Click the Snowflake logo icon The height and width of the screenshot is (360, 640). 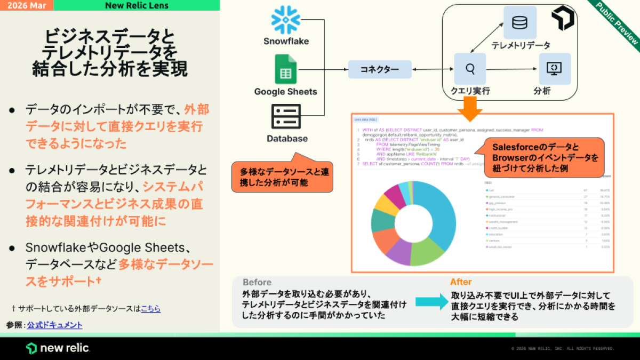[x=286, y=20]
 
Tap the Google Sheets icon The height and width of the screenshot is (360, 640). [x=285, y=69]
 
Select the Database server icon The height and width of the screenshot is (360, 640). [x=286, y=116]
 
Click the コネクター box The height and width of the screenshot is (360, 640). [x=380, y=69]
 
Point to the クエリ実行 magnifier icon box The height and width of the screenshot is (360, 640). [x=470, y=69]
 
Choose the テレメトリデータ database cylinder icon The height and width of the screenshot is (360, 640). [x=519, y=23]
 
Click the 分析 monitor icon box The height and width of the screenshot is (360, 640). [x=555, y=69]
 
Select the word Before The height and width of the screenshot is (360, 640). [x=257, y=282]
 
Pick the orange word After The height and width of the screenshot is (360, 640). [x=461, y=282]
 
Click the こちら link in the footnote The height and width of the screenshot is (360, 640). [x=151, y=308]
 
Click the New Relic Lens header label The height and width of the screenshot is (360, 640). [x=137, y=5]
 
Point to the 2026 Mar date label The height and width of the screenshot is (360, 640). [x=27, y=5]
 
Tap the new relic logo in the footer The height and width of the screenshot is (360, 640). [x=58, y=348]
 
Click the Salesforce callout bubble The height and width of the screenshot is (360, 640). [x=543, y=158]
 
